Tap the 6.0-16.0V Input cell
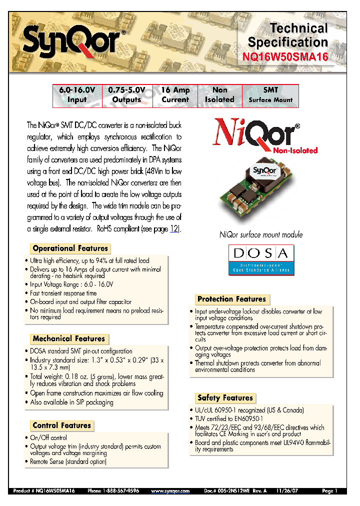point(77,94)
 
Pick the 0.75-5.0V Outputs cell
point(126,94)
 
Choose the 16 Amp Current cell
point(175,94)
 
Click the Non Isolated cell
point(219,94)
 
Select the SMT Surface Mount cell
point(270,94)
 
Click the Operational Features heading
point(70,248)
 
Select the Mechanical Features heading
point(69,339)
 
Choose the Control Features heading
point(62,425)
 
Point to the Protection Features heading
point(231,299)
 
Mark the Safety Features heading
point(225,398)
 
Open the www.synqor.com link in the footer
point(170,491)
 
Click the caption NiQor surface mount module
point(261,234)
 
